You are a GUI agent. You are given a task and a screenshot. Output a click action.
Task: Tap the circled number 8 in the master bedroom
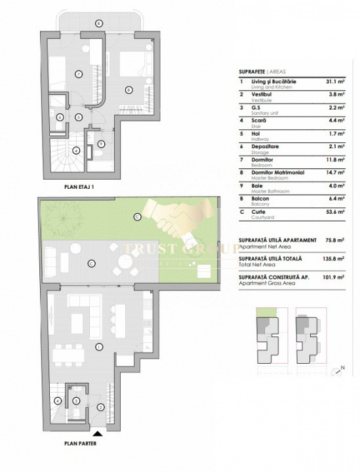[x=129, y=89]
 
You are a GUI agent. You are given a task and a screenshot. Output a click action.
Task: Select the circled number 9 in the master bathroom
[x=100, y=144]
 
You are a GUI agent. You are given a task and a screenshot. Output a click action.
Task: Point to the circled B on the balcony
[x=98, y=23]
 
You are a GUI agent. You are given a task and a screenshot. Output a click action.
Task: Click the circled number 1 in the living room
[x=98, y=346]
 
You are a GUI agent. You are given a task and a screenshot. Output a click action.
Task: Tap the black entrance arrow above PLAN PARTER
[x=98, y=433]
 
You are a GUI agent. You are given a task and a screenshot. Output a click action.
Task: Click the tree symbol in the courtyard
[x=64, y=214]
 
